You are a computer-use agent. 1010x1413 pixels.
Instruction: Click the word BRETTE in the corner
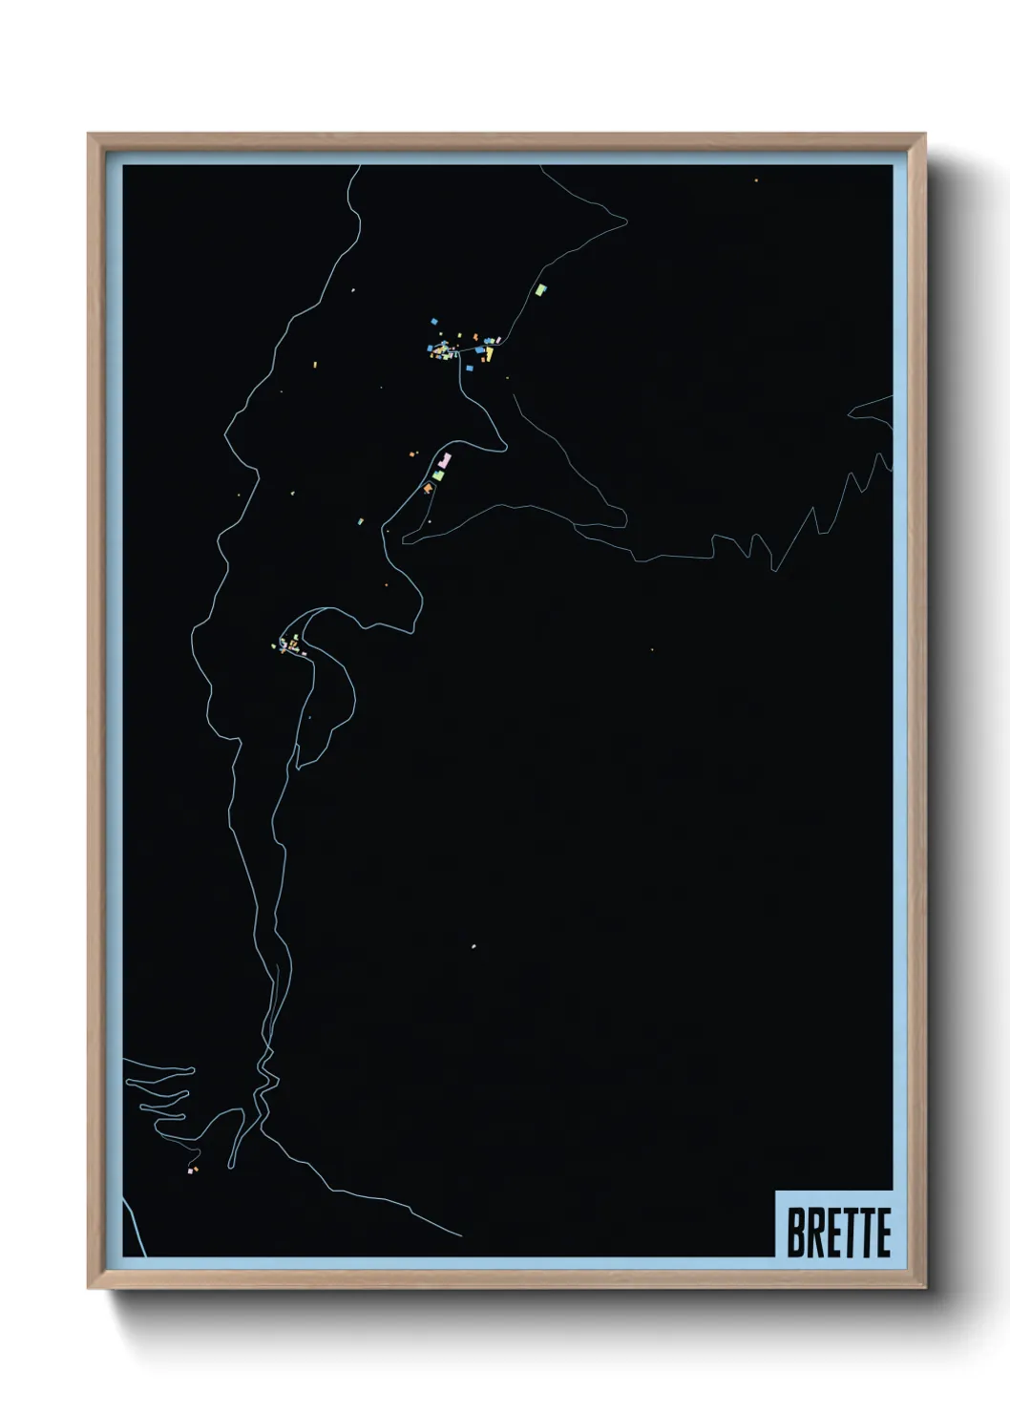[x=838, y=1232]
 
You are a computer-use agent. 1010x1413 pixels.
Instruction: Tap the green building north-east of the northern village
[x=541, y=287]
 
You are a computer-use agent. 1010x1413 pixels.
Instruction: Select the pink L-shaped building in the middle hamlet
[x=444, y=462]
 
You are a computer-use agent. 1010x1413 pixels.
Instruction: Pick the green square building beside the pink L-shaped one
[x=438, y=475]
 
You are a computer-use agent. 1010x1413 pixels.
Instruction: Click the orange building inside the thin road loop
[x=428, y=489]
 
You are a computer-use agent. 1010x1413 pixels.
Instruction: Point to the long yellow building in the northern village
[x=489, y=354]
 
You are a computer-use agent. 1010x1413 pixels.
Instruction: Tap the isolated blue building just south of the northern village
[x=469, y=367]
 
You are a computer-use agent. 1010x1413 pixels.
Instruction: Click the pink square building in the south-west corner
[x=190, y=1170]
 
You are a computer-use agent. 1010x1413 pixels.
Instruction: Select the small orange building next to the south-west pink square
[x=196, y=1168]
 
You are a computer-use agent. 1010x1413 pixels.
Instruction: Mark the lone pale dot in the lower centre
[x=473, y=946]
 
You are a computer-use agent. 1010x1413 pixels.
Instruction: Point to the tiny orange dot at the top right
[x=756, y=180]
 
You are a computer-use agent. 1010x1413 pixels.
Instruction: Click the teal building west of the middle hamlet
[x=361, y=520]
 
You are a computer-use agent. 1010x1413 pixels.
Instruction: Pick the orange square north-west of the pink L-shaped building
[x=413, y=454]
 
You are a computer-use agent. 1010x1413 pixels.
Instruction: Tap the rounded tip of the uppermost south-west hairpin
[x=192, y=1070]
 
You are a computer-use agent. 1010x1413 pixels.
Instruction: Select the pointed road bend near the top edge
[x=626, y=221]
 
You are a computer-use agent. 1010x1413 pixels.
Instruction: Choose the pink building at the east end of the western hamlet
[x=304, y=653]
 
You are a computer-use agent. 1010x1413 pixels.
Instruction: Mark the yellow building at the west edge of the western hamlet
[x=274, y=646]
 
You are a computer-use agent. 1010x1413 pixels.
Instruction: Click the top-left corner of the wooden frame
[x=89, y=135]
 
